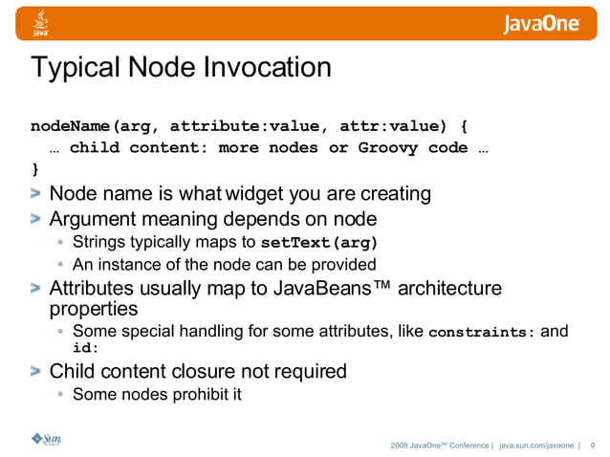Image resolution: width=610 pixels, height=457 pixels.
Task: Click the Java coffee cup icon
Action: tap(40, 20)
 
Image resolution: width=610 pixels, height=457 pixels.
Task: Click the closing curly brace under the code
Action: tap(35, 170)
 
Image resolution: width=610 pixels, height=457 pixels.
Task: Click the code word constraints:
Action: tap(482, 334)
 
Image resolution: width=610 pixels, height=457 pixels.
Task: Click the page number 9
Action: tap(593, 445)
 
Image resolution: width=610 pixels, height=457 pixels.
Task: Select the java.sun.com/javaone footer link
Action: tap(536, 445)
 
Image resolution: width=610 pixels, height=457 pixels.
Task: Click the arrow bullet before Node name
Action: tap(35, 195)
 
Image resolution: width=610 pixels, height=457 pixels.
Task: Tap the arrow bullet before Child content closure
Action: tap(35, 371)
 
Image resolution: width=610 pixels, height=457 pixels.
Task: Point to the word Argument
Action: tap(91, 218)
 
